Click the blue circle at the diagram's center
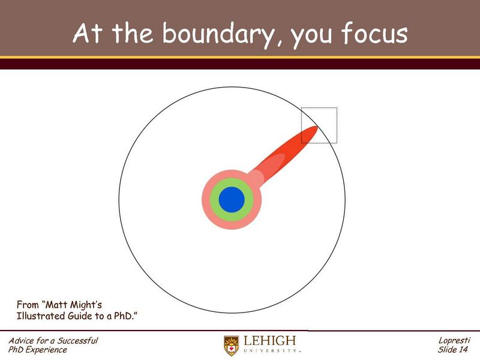[232, 199]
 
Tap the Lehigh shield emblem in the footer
[231, 345]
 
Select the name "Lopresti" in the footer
[455, 341]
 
